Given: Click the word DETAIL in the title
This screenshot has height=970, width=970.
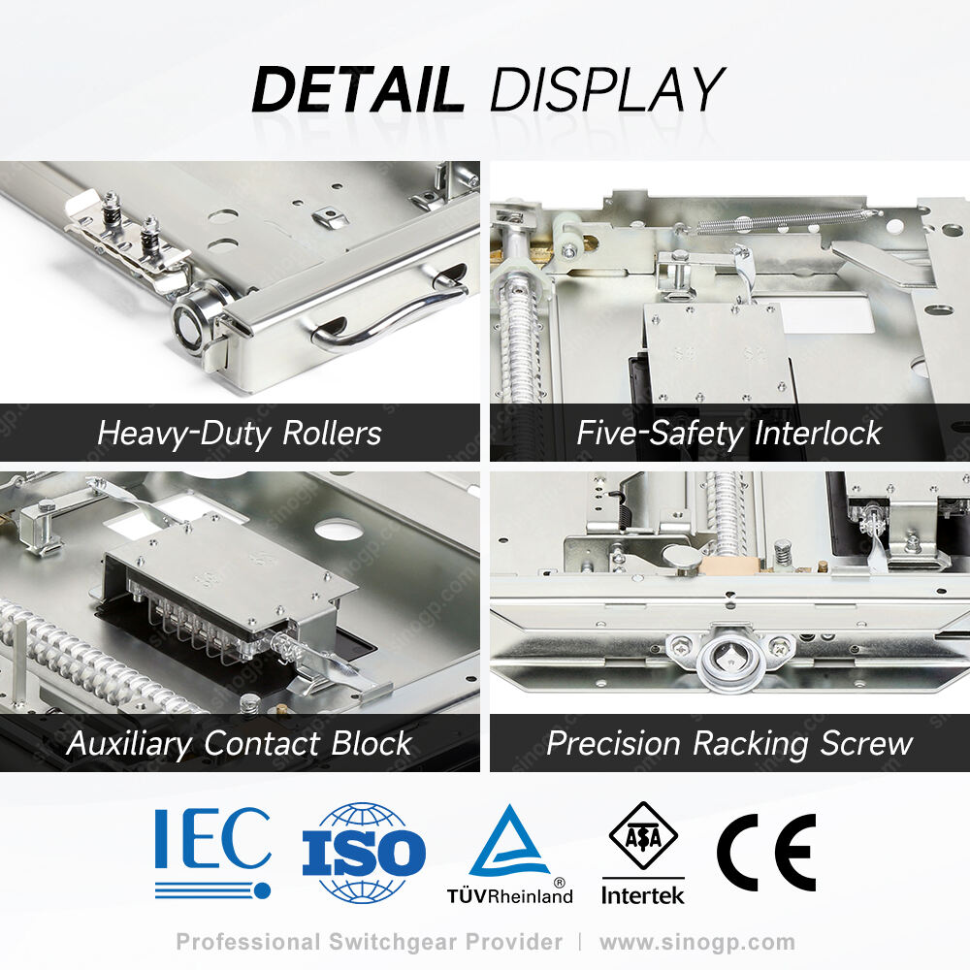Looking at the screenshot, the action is point(358,89).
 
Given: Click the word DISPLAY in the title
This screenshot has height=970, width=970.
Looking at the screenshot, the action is point(607,89).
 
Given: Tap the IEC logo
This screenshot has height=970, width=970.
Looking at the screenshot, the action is point(212,853).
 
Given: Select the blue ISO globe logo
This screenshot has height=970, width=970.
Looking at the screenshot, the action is point(364,853).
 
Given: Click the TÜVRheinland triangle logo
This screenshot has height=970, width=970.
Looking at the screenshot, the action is point(510,854).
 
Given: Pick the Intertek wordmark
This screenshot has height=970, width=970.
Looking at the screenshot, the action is point(643,895).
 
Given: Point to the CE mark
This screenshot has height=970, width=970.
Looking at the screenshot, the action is point(766,852).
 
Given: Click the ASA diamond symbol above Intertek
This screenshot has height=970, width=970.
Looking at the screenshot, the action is point(643,837).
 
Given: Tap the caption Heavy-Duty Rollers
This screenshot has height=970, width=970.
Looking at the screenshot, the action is point(240,433).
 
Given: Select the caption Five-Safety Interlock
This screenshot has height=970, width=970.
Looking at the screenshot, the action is point(728,433).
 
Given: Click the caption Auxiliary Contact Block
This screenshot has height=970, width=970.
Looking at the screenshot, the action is point(240,744).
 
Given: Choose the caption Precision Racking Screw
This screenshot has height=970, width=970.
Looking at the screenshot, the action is point(729,744).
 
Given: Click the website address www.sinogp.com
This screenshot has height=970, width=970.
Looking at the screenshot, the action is point(697,942).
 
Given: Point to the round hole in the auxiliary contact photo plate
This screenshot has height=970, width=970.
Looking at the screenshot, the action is point(339,528).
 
